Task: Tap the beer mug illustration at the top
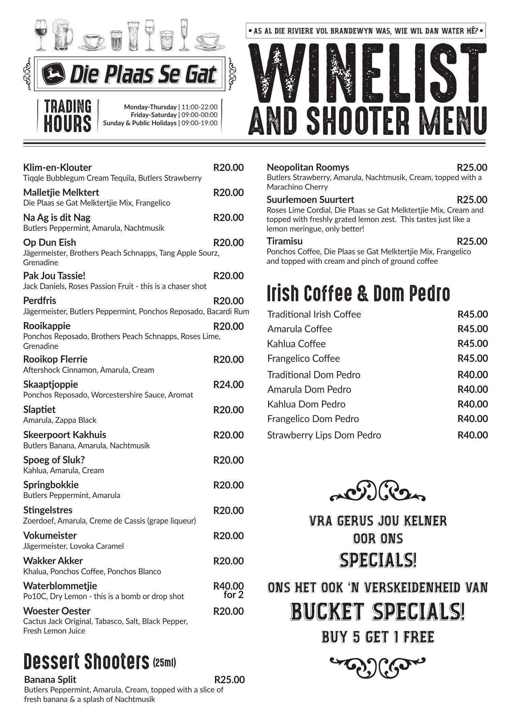pyautogui.click(x=63, y=34)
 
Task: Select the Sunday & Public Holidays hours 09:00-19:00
pyautogui.click(x=199, y=123)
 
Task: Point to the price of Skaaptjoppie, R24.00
pyautogui.click(x=228, y=385)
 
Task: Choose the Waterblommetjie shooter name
pyautogui.click(x=60, y=586)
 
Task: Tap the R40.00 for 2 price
pyautogui.click(x=229, y=590)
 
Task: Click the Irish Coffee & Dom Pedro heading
pyautogui.click(x=358, y=293)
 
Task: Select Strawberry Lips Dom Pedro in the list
pyautogui.click(x=324, y=435)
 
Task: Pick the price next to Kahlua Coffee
pyautogui.click(x=472, y=343)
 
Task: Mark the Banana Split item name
pyautogui.click(x=50, y=679)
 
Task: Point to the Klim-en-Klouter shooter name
pyautogui.click(x=57, y=167)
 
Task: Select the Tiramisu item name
pyautogui.click(x=284, y=241)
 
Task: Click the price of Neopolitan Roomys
pyautogui.click(x=472, y=167)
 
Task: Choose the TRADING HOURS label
pyautogui.click(x=67, y=116)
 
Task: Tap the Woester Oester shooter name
pyautogui.click(x=57, y=611)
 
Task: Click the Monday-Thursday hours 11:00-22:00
pyautogui.click(x=199, y=107)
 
